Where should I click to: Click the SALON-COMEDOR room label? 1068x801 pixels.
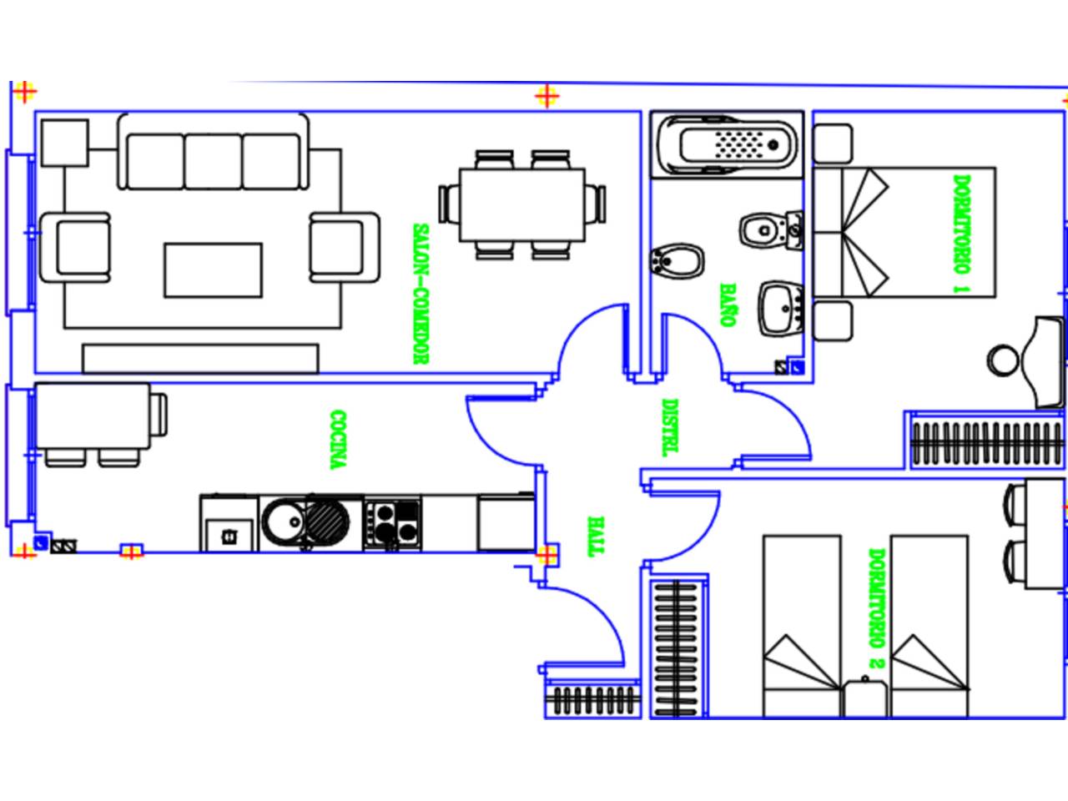click(x=421, y=294)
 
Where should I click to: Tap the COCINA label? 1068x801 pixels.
click(x=338, y=440)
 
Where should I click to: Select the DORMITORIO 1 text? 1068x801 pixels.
click(x=962, y=234)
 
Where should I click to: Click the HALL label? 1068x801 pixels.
click(x=595, y=537)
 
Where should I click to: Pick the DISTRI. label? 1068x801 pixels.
click(x=668, y=427)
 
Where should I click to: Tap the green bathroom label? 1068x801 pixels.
click(x=728, y=305)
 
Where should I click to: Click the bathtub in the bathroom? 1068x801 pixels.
click(x=727, y=144)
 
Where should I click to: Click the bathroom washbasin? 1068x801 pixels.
click(x=780, y=309)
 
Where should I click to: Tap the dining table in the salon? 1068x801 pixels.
click(x=522, y=204)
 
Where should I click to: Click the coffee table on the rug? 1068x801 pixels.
click(x=213, y=270)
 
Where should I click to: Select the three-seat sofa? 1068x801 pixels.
click(x=213, y=154)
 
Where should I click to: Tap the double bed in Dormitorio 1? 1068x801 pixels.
click(x=905, y=232)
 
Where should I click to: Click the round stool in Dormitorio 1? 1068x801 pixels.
click(x=1002, y=360)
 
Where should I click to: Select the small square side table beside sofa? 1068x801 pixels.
click(x=64, y=143)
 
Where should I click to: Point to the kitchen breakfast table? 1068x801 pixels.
click(x=93, y=416)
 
